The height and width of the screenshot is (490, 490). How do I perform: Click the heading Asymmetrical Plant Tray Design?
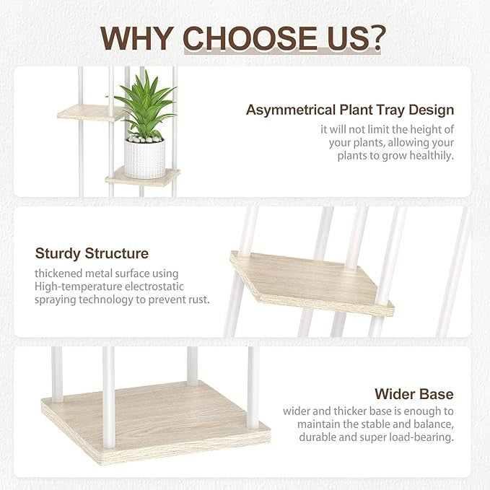pos(350,110)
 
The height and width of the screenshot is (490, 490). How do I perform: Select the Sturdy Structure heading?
pos(92,253)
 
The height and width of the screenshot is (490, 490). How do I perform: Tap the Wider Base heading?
pos(414,394)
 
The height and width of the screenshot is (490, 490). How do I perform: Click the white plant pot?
pos(144,159)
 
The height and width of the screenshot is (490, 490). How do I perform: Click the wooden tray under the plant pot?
pos(143,178)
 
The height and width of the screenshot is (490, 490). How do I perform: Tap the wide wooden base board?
pos(155,415)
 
